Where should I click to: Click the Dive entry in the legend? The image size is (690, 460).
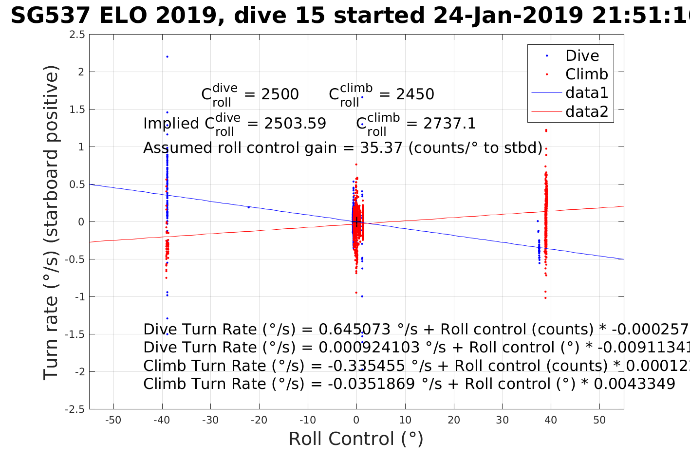tap(581, 56)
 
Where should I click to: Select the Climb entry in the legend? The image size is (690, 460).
tap(586, 74)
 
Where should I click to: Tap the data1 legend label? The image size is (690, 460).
tap(586, 93)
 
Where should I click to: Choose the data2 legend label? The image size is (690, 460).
tap(586, 111)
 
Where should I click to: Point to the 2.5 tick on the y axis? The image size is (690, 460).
tap(77, 35)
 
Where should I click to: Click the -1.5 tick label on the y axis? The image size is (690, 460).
tap(75, 334)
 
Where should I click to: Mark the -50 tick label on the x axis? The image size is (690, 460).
tap(113, 421)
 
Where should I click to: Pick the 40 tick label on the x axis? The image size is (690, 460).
tap(551, 421)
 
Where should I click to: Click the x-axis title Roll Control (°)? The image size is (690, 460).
tap(356, 439)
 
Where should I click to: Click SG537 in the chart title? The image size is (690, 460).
tap(50, 16)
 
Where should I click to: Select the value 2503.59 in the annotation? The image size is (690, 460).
tap(295, 124)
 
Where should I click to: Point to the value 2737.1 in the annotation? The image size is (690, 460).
tap(449, 124)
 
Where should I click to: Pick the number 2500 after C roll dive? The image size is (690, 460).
tap(280, 94)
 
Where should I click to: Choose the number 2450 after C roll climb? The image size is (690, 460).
tap(415, 94)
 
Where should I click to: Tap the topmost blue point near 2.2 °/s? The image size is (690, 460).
tap(167, 57)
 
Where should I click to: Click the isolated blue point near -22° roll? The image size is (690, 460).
tap(248, 207)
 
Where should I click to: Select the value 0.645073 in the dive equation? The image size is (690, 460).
tap(354, 330)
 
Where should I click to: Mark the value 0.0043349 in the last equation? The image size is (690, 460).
tap(634, 384)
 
